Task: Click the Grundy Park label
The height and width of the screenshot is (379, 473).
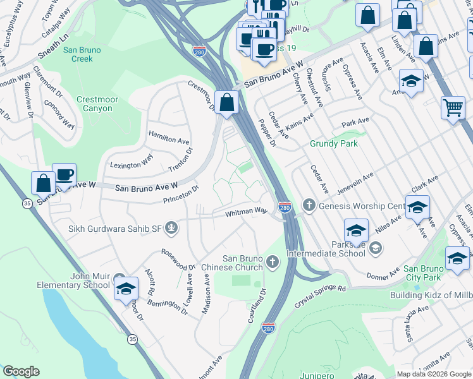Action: point(333,143)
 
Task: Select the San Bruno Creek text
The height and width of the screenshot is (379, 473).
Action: point(87,54)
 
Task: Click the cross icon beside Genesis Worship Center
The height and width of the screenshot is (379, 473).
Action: point(309,205)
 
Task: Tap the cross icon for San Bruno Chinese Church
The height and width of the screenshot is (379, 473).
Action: point(273,262)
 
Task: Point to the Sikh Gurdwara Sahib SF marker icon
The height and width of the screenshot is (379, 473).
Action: point(171,227)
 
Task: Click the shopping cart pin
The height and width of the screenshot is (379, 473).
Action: point(453,109)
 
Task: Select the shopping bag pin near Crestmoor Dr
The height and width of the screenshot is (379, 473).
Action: point(226,102)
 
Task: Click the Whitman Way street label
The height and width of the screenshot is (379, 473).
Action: point(247,213)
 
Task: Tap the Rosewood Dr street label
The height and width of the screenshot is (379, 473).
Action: point(178,259)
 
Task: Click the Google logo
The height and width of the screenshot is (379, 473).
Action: point(21,371)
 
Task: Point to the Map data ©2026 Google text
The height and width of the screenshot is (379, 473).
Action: point(434,374)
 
